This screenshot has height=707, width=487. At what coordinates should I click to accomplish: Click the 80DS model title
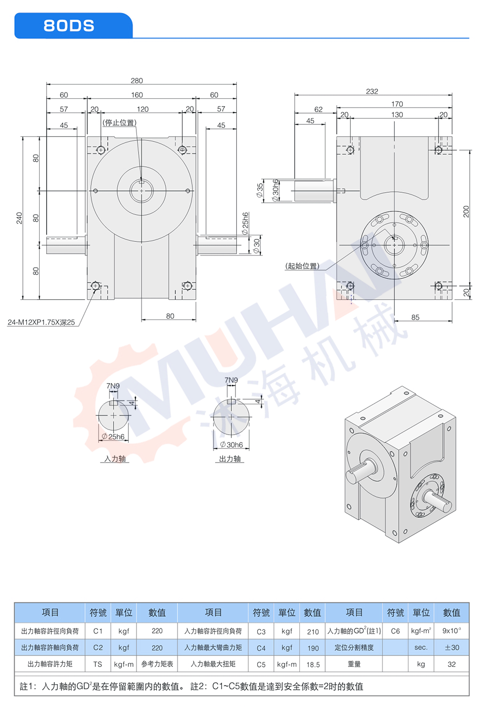click(x=69, y=25)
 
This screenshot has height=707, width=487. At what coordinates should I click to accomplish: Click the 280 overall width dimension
click(x=136, y=81)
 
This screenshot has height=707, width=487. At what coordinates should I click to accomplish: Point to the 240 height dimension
click(x=19, y=218)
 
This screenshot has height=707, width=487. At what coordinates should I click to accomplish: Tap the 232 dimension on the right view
click(x=372, y=91)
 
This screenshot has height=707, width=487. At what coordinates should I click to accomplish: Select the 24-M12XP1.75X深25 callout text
click(x=42, y=322)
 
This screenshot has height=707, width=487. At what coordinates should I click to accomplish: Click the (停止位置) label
click(x=120, y=122)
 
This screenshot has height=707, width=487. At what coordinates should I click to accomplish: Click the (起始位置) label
click(x=302, y=266)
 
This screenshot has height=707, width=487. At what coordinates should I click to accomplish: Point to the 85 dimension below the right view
click(x=415, y=317)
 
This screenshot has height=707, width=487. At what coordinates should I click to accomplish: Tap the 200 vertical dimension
click(x=466, y=211)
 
